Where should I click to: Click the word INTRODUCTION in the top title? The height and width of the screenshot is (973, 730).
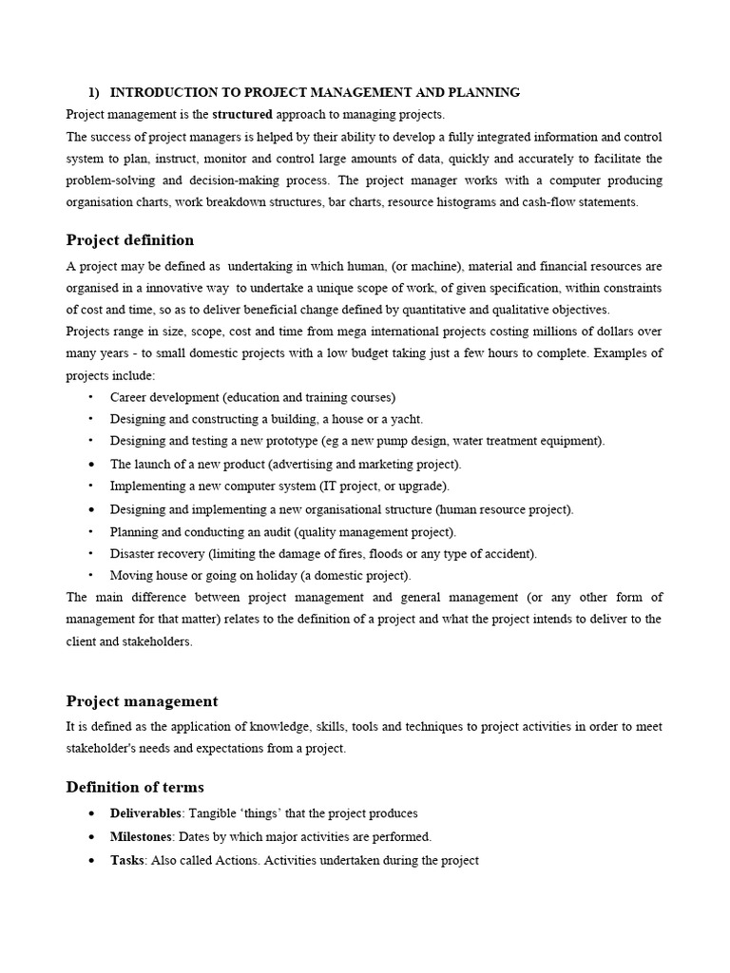[157, 92]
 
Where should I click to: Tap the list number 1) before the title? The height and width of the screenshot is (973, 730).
[94, 92]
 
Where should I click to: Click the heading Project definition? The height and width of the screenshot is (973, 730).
[129, 239]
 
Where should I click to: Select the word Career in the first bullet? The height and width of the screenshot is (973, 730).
[129, 397]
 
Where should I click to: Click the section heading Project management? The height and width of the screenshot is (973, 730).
[142, 701]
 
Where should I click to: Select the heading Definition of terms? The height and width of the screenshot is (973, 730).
[134, 787]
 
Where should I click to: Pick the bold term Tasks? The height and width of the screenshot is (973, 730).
[126, 860]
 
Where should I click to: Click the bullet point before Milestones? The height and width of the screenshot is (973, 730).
[90, 837]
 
